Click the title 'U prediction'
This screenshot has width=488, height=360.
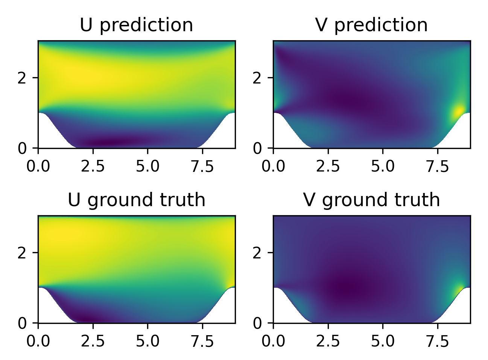coord(136,25)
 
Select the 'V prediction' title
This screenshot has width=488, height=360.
coord(371,25)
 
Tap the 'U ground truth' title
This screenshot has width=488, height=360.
coord(136,200)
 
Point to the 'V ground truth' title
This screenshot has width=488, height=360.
coord(371,200)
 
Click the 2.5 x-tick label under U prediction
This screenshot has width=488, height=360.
coord(93,166)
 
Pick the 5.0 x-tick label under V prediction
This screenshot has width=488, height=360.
coord(383,166)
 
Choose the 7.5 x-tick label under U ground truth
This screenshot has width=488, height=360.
coord(202,341)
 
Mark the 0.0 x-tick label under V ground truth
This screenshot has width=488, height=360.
coord(273,341)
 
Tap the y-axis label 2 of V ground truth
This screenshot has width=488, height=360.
coord(257,252)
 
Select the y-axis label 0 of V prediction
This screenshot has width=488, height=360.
coord(257,149)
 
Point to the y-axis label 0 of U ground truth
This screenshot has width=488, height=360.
coord(22,323)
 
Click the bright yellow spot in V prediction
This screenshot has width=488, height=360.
coord(459,112)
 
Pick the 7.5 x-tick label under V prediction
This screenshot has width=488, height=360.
coord(438,166)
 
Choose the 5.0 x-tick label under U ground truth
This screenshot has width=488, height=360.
coord(147,341)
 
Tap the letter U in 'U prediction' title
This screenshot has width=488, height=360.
coord(86,25)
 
